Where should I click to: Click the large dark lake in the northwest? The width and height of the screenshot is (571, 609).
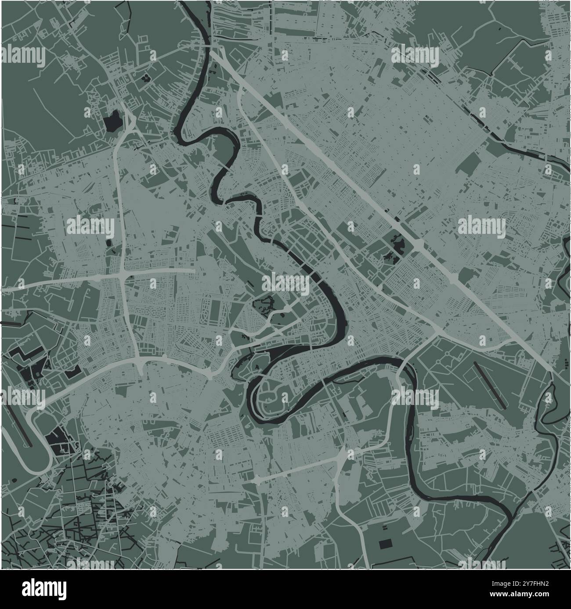113,121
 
